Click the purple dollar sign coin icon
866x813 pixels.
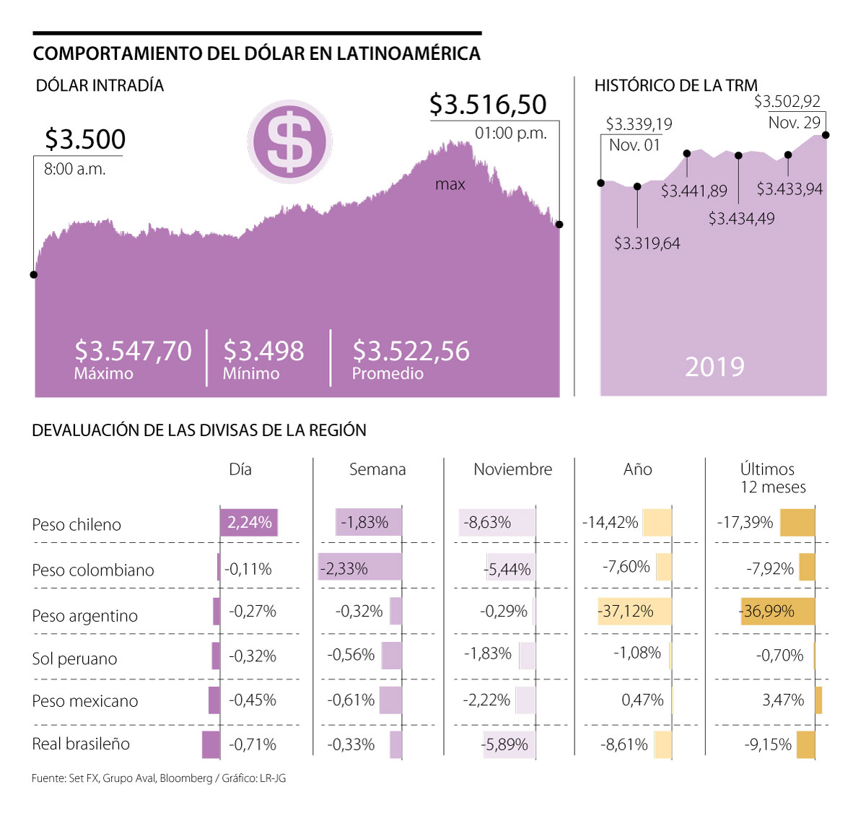click(289, 142)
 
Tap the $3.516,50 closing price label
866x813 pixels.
click(488, 105)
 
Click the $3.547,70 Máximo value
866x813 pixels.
click(133, 351)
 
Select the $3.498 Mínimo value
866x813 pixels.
click(263, 351)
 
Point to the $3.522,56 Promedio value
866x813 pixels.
click(411, 351)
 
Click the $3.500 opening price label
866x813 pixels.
click(85, 139)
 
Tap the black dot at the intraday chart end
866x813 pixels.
click(559, 225)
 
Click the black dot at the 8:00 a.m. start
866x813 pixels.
click(34, 274)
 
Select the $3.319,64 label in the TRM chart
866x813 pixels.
click(647, 243)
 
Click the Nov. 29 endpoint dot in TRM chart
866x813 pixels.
click(826, 135)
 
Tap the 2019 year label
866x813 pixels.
click(714, 367)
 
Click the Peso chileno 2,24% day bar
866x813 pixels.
click(249, 523)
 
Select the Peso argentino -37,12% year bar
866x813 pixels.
click(634, 612)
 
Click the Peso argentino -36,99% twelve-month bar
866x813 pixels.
click(777, 612)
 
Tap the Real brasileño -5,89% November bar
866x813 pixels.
click(509, 744)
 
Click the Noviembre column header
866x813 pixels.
click(512, 469)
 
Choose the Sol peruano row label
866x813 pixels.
click(74, 658)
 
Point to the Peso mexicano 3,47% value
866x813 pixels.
click(783, 700)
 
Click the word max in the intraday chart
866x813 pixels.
click(450, 185)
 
